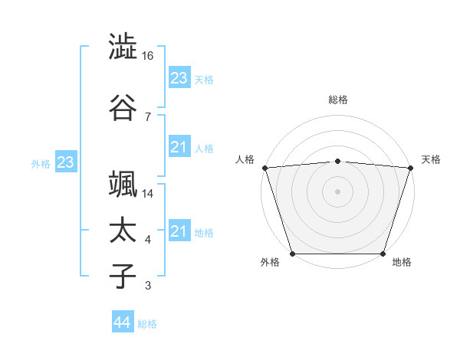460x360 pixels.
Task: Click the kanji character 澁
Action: coord(123,47)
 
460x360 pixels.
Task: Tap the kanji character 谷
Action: coord(123,107)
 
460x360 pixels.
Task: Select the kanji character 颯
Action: coord(123,184)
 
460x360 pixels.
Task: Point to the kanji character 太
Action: coord(123,231)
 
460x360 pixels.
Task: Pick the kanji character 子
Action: coord(123,277)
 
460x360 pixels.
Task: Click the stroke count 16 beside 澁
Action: coord(149,56)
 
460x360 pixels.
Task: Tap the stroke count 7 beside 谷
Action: coord(147,116)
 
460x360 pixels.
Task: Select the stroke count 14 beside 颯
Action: coord(149,194)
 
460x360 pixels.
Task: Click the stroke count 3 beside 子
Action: coord(147,286)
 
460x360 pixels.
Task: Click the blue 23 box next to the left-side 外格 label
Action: coord(65,162)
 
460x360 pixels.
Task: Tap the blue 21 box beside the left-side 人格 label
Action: coord(179,147)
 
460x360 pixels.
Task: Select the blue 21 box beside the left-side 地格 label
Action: coord(179,231)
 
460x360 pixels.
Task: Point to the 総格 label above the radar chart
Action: coord(338,100)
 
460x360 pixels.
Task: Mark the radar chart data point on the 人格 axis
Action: coord(264,168)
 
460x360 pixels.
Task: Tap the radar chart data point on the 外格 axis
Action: coord(292,254)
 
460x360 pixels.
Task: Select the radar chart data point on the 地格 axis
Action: coord(383,254)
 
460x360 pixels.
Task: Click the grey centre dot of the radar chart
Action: coord(338,191)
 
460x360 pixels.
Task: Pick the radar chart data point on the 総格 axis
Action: coord(338,161)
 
